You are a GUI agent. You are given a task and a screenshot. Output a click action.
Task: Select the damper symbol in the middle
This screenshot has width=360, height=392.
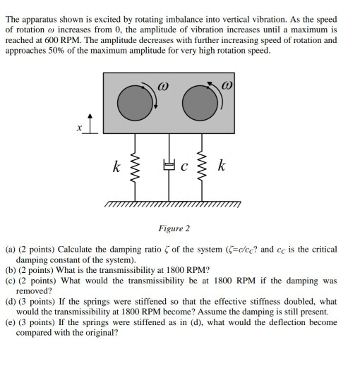[169, 168]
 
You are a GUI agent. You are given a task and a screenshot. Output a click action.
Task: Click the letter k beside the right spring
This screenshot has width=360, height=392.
[222, 167]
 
